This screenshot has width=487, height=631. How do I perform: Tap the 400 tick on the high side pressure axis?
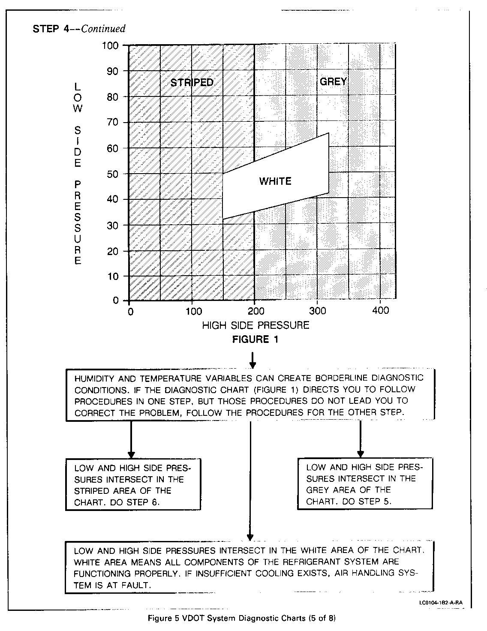[380, 310]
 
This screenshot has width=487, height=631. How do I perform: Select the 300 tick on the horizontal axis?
[317, 310]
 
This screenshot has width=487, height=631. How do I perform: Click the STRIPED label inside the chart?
[192, 82]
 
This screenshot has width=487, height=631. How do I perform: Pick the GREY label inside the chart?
[333, 81]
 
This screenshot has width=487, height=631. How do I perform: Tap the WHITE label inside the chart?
[275, 181]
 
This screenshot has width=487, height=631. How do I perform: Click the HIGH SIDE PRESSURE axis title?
[256, 325]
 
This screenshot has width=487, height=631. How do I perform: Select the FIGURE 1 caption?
[255, 340]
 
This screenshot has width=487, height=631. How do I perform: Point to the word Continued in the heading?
[103, 29]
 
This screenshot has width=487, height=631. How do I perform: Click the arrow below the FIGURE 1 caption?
[253, 360]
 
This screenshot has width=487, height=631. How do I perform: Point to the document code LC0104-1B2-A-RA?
[441, 603]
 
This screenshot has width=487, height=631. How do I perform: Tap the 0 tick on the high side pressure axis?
[130, 311]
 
